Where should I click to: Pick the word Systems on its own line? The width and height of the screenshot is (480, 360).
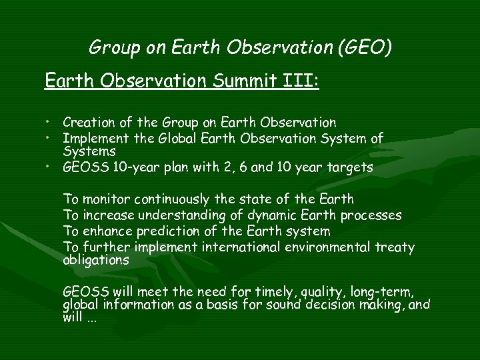[85, 152]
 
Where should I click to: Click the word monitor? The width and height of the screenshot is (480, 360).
[105, 199]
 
